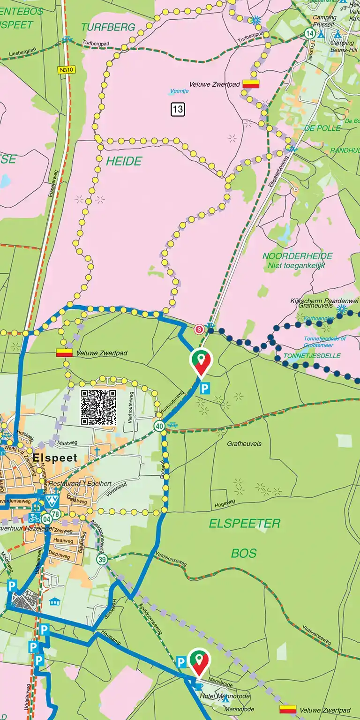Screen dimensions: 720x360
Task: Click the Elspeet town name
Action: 55,458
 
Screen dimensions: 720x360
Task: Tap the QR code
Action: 98,407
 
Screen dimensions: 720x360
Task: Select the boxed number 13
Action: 178,110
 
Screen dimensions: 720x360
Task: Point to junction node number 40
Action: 159,426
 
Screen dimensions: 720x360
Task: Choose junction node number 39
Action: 102,560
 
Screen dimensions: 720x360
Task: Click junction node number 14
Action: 309,33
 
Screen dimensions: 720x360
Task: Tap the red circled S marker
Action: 199,329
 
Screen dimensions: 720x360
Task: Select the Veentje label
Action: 179,91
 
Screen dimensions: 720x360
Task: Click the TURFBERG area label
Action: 108,27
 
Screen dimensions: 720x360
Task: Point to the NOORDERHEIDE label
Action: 297,256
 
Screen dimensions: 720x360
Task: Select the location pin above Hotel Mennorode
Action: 199,662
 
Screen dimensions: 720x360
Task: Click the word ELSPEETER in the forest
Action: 245,523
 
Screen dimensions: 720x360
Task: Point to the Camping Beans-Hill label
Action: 342,46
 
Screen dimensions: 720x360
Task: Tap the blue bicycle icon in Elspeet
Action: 34,518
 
